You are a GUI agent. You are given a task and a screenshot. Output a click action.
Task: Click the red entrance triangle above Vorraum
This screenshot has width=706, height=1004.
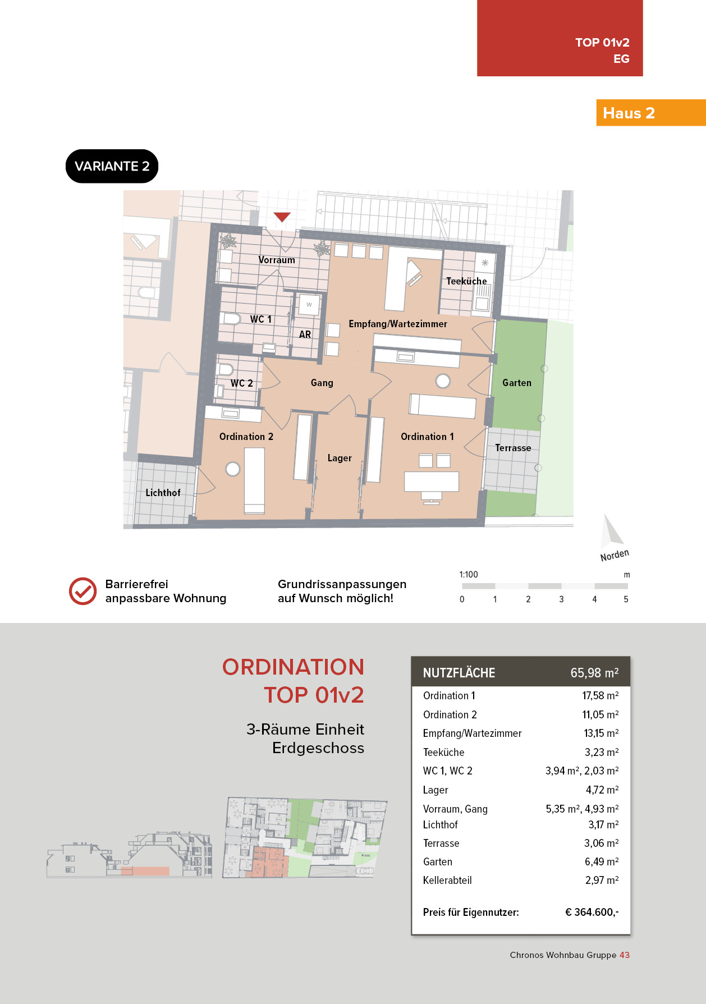282,217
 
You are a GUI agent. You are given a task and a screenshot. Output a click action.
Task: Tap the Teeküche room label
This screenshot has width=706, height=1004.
466,281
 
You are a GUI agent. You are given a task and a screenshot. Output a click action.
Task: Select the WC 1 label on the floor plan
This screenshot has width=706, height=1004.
261,319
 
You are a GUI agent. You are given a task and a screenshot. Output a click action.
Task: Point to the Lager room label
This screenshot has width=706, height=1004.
340,458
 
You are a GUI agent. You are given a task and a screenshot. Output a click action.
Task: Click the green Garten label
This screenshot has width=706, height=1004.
517,383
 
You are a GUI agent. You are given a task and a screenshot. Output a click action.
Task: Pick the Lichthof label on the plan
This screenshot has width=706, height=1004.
163,493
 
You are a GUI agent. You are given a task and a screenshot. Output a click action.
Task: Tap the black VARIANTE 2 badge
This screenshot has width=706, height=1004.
112,166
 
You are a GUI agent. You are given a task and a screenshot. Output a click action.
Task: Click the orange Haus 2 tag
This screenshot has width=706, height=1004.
651,113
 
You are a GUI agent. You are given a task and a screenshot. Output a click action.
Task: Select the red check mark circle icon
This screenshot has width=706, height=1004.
82,592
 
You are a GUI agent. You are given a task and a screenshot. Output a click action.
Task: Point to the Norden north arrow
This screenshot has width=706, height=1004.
611,530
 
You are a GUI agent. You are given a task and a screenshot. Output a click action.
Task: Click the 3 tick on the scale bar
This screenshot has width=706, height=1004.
561,599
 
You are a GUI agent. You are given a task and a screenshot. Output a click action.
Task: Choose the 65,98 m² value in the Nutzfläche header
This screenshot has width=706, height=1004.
594,673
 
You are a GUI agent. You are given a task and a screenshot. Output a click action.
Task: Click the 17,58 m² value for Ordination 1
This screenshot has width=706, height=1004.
600,696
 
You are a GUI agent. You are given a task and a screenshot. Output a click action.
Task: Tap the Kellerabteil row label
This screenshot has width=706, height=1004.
447,881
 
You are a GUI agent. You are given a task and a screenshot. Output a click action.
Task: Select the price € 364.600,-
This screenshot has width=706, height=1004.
592,913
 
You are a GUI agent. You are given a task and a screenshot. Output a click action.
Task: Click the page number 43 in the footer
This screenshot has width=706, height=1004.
625,955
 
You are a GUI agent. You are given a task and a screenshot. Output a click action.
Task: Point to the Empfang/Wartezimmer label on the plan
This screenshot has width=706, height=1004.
398,324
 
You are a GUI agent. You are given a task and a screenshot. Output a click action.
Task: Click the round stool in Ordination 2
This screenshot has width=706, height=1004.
233,469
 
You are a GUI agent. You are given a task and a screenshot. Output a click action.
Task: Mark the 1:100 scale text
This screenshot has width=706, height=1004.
469,575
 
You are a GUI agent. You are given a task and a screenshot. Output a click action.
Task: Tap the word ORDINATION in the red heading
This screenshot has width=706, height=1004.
293,667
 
